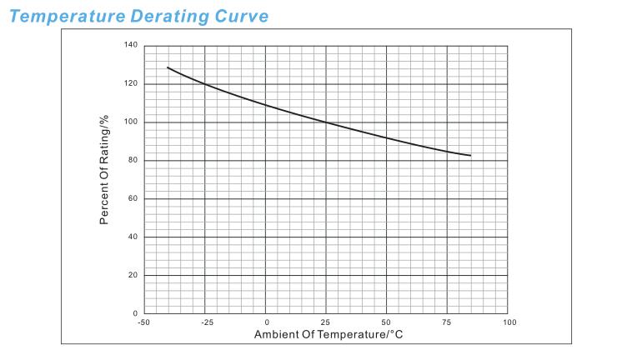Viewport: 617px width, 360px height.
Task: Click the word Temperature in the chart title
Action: point(66,15)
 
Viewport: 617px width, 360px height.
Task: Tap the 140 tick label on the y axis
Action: point(130,45)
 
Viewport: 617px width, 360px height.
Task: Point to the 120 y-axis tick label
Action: point(130,84)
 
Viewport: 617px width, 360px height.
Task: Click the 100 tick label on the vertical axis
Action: point(130,122)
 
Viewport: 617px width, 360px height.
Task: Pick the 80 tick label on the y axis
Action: point(132,161)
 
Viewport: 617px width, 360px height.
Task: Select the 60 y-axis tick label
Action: point(132,199)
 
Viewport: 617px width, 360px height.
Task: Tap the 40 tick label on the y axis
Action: point(132,237)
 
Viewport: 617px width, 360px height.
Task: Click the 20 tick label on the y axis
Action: point(132,275)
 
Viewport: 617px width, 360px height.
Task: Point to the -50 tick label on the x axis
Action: point(143,322)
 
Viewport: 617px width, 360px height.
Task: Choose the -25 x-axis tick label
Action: point(204,322)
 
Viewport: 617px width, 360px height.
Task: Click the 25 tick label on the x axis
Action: point(326,322)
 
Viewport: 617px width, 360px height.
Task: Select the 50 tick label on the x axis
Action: point(387,322)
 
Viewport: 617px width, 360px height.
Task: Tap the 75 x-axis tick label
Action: point(448,322)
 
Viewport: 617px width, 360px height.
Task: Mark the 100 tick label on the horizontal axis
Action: point(508,322)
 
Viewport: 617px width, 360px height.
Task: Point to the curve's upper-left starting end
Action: point(168,67)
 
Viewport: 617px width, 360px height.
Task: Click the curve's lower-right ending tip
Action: point(471,156)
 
